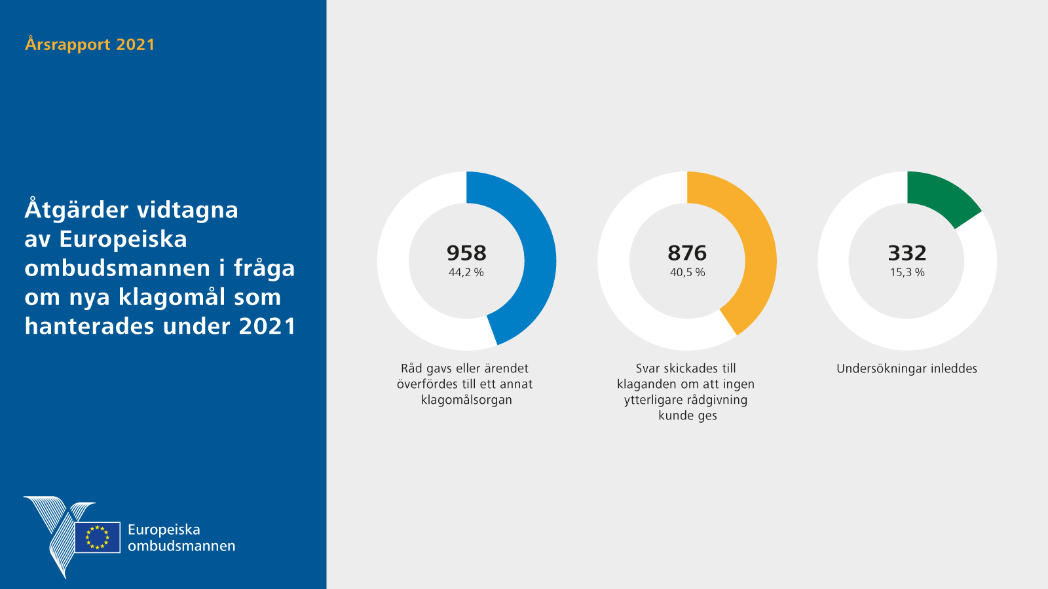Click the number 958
(x=466, y=253)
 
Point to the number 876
(x=687, y=253)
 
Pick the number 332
(x=907, y=253)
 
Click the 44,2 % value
(x=466, y=272)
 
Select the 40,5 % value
(x=687, y=272)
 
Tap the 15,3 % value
(x=907, y=272)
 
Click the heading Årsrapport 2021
(x=90, y=45)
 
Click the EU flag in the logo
(x=98, y=537)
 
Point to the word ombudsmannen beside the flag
(x=181, y=546)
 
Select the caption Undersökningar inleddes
(x=907, y=368)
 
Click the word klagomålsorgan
(x=466, y=400)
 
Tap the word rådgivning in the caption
(x=717, y=400)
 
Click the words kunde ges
(x=688, y=416)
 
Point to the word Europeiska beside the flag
(x=164, y=529)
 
